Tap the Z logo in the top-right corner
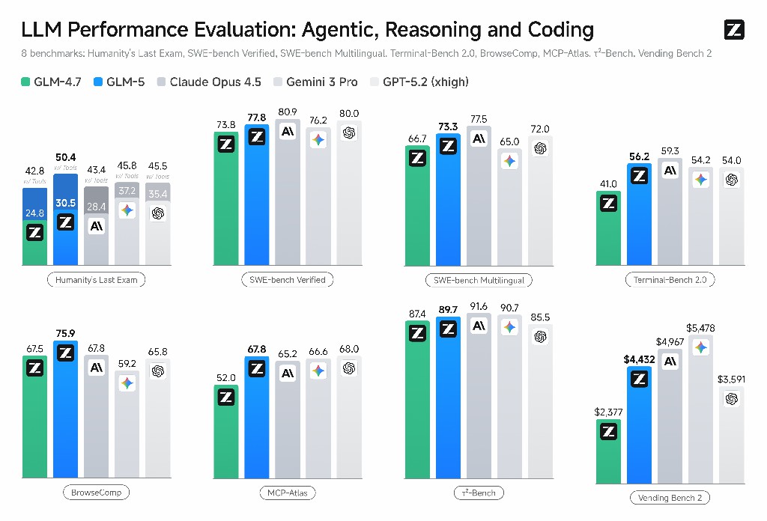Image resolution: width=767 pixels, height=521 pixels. (x=734, y=30)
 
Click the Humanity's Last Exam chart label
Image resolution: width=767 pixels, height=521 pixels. (x=97, y=280)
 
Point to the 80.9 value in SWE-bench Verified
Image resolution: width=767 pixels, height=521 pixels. (x=287, y=112)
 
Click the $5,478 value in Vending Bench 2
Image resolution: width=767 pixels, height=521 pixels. (x=700, y=328)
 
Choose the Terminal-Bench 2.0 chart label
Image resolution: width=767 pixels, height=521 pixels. (x=670, y=280)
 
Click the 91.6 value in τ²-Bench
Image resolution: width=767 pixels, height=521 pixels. (x=479, y=306)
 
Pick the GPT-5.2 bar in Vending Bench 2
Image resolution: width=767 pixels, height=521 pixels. (x=731, y=434)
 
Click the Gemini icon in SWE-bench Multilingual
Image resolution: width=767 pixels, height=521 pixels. (x=509, y=161)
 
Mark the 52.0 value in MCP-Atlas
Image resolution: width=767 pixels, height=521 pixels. (x=226, y=378)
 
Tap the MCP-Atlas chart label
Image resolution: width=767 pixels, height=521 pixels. (x=287, y=493)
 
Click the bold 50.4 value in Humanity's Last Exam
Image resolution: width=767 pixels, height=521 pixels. (x=66, y=157)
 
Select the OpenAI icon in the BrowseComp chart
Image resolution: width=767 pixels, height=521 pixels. (x=157, y=371)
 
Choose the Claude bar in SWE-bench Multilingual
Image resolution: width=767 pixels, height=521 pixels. (x=479, y=196)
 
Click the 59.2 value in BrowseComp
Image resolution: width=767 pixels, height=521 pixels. (x=127, y=364)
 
